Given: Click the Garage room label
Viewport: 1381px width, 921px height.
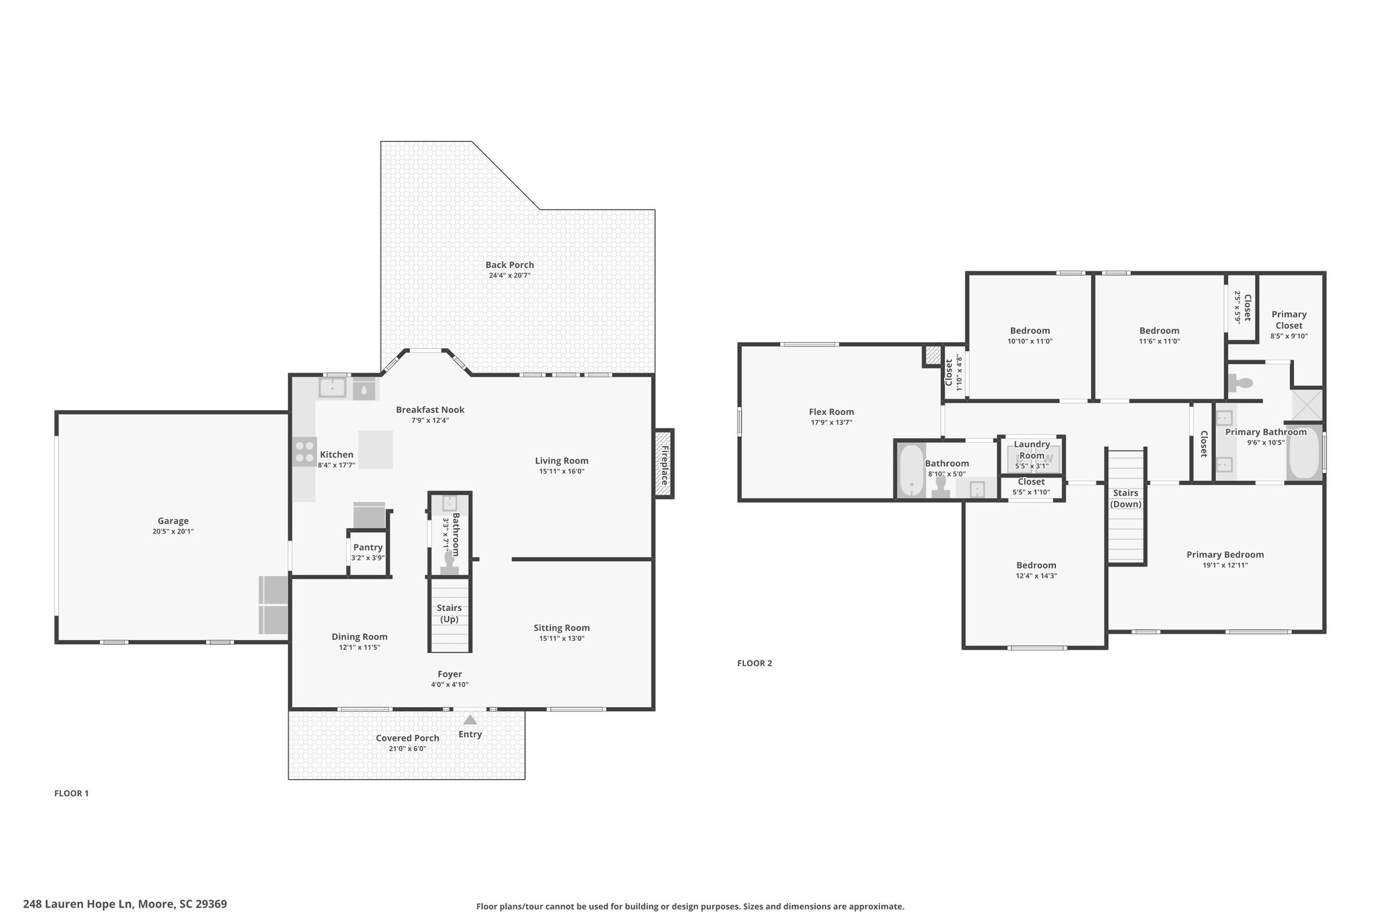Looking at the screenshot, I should [173, 521].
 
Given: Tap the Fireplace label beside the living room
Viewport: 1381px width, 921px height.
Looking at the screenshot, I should [664, 465].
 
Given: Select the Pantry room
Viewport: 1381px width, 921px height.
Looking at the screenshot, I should [368, 547].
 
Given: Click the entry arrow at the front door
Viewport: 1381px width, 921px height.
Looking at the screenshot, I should [470, 720].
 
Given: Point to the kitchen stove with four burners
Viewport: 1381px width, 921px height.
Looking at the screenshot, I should [305, 451].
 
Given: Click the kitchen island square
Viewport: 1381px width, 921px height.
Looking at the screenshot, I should [376, 449].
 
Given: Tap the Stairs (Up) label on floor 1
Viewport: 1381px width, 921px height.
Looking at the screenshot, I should [449, 613].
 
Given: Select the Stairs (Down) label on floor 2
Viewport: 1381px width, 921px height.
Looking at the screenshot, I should [1125, 499].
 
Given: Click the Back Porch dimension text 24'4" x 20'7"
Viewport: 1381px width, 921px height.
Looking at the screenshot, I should [510, 275].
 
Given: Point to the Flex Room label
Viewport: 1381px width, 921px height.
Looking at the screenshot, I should [831, 412].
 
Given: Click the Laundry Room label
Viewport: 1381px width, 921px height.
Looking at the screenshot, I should [1032, 449].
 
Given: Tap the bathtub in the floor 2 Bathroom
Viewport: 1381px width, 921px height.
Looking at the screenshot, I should [912, 471].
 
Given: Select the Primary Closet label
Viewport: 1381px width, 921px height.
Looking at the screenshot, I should [1289, 320].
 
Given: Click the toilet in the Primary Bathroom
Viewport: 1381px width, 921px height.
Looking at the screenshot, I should [1241, 383].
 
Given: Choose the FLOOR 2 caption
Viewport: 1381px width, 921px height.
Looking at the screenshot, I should [755, 663].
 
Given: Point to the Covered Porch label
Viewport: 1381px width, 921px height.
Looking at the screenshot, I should [407, 738].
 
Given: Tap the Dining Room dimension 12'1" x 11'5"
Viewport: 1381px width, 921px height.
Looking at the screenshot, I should [359, 647].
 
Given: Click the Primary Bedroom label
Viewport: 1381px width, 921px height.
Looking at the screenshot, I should [1225, 555].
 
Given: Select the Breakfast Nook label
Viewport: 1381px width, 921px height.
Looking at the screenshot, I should [430, 410].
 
